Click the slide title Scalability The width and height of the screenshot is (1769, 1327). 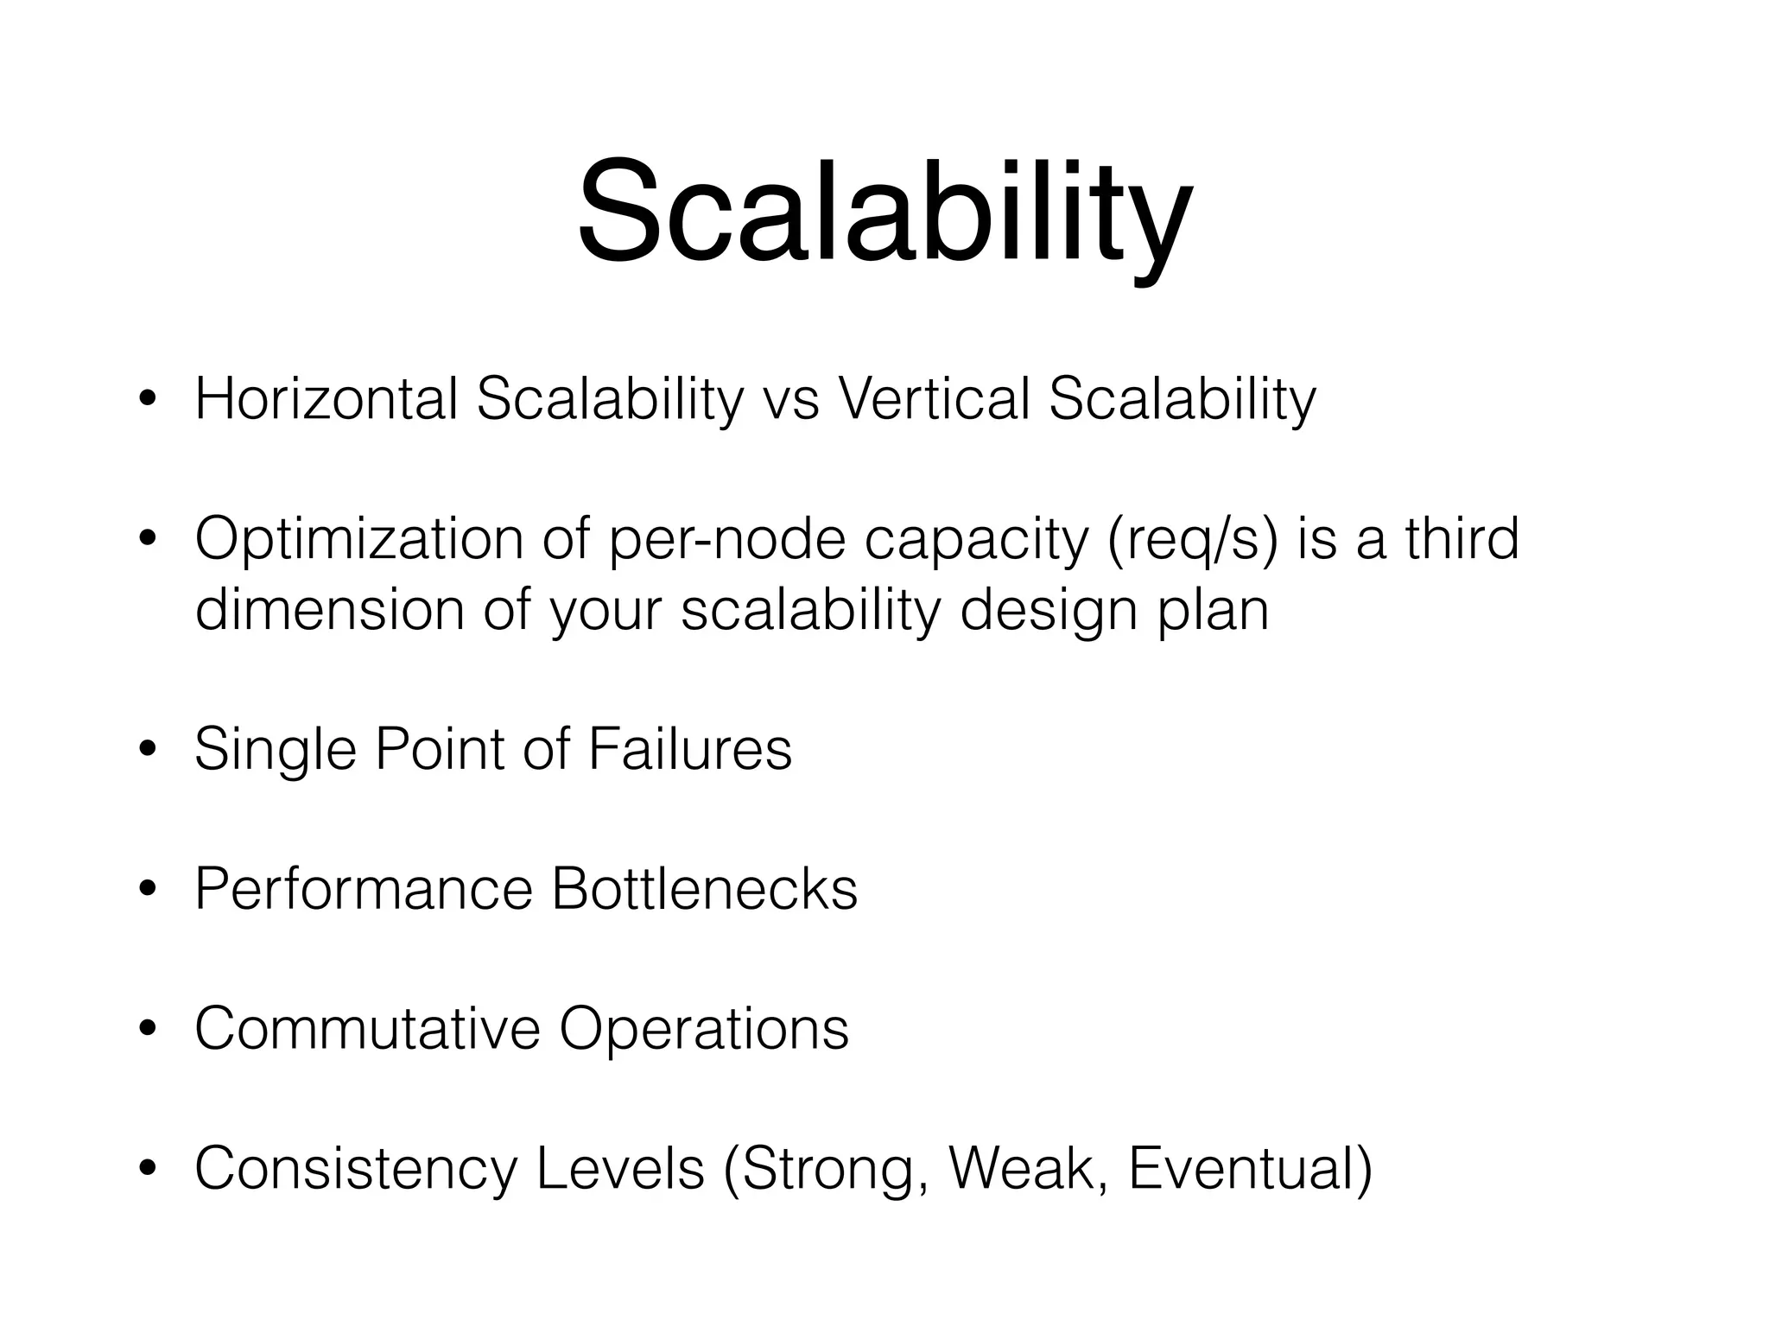884,212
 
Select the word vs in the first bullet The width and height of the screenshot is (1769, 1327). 791,401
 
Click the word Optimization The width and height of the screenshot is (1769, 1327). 359,539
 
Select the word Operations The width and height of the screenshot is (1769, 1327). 704,1030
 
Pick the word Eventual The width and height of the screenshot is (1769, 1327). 1249,1168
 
